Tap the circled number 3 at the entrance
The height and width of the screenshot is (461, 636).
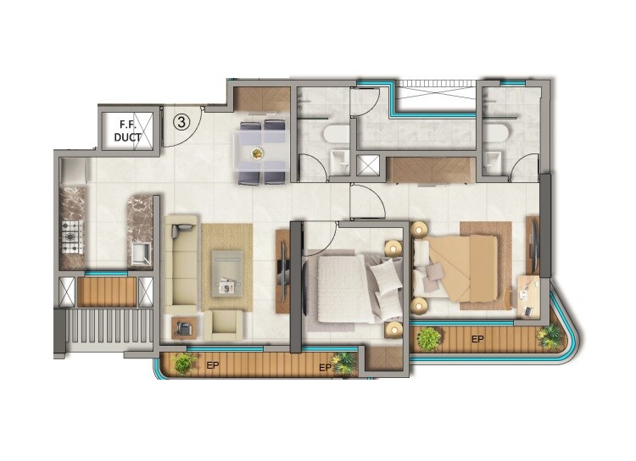181,121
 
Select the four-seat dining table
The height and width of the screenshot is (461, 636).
261,152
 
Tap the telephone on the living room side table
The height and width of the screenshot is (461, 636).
183,326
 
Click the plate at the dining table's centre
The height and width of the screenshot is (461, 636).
257,153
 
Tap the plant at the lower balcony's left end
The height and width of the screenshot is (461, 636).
181,364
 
